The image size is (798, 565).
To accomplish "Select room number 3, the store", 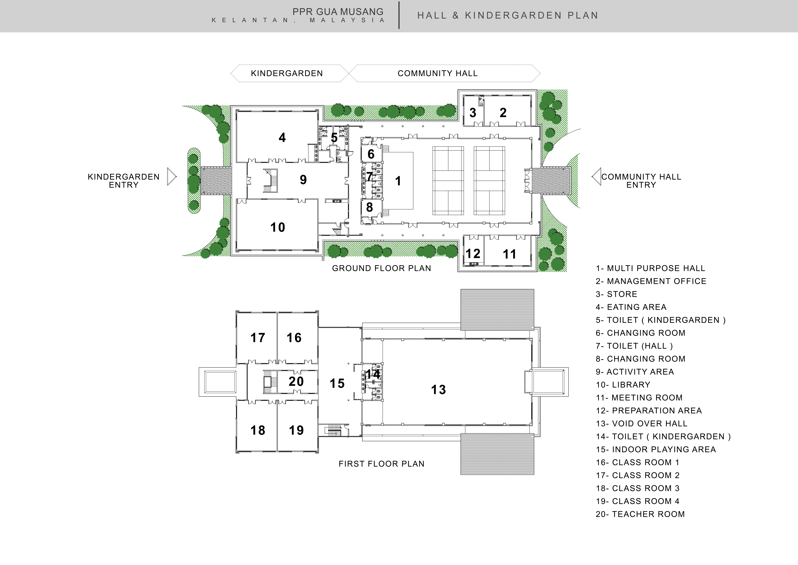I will click(x=473, y=113).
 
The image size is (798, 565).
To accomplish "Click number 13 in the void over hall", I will click(x=438, y=390).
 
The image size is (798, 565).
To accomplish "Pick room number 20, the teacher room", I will click(x=296, y=382).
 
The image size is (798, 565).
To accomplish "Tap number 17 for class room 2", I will click(x=258, y=338).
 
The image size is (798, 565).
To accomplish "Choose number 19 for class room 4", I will click(x=296, y=430).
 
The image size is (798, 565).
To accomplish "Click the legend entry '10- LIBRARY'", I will click(x=623, y=385).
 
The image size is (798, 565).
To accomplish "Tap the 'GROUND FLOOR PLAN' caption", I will click(x=381, y=268).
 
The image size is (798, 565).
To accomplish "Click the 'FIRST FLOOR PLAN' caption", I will click(x=381, y=464).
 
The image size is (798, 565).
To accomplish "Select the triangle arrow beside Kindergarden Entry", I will click(x=171, y=177).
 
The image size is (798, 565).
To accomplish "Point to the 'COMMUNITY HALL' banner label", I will click(x=438, y=73).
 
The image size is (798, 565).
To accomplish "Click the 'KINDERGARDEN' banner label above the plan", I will click(x=287, y=73).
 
